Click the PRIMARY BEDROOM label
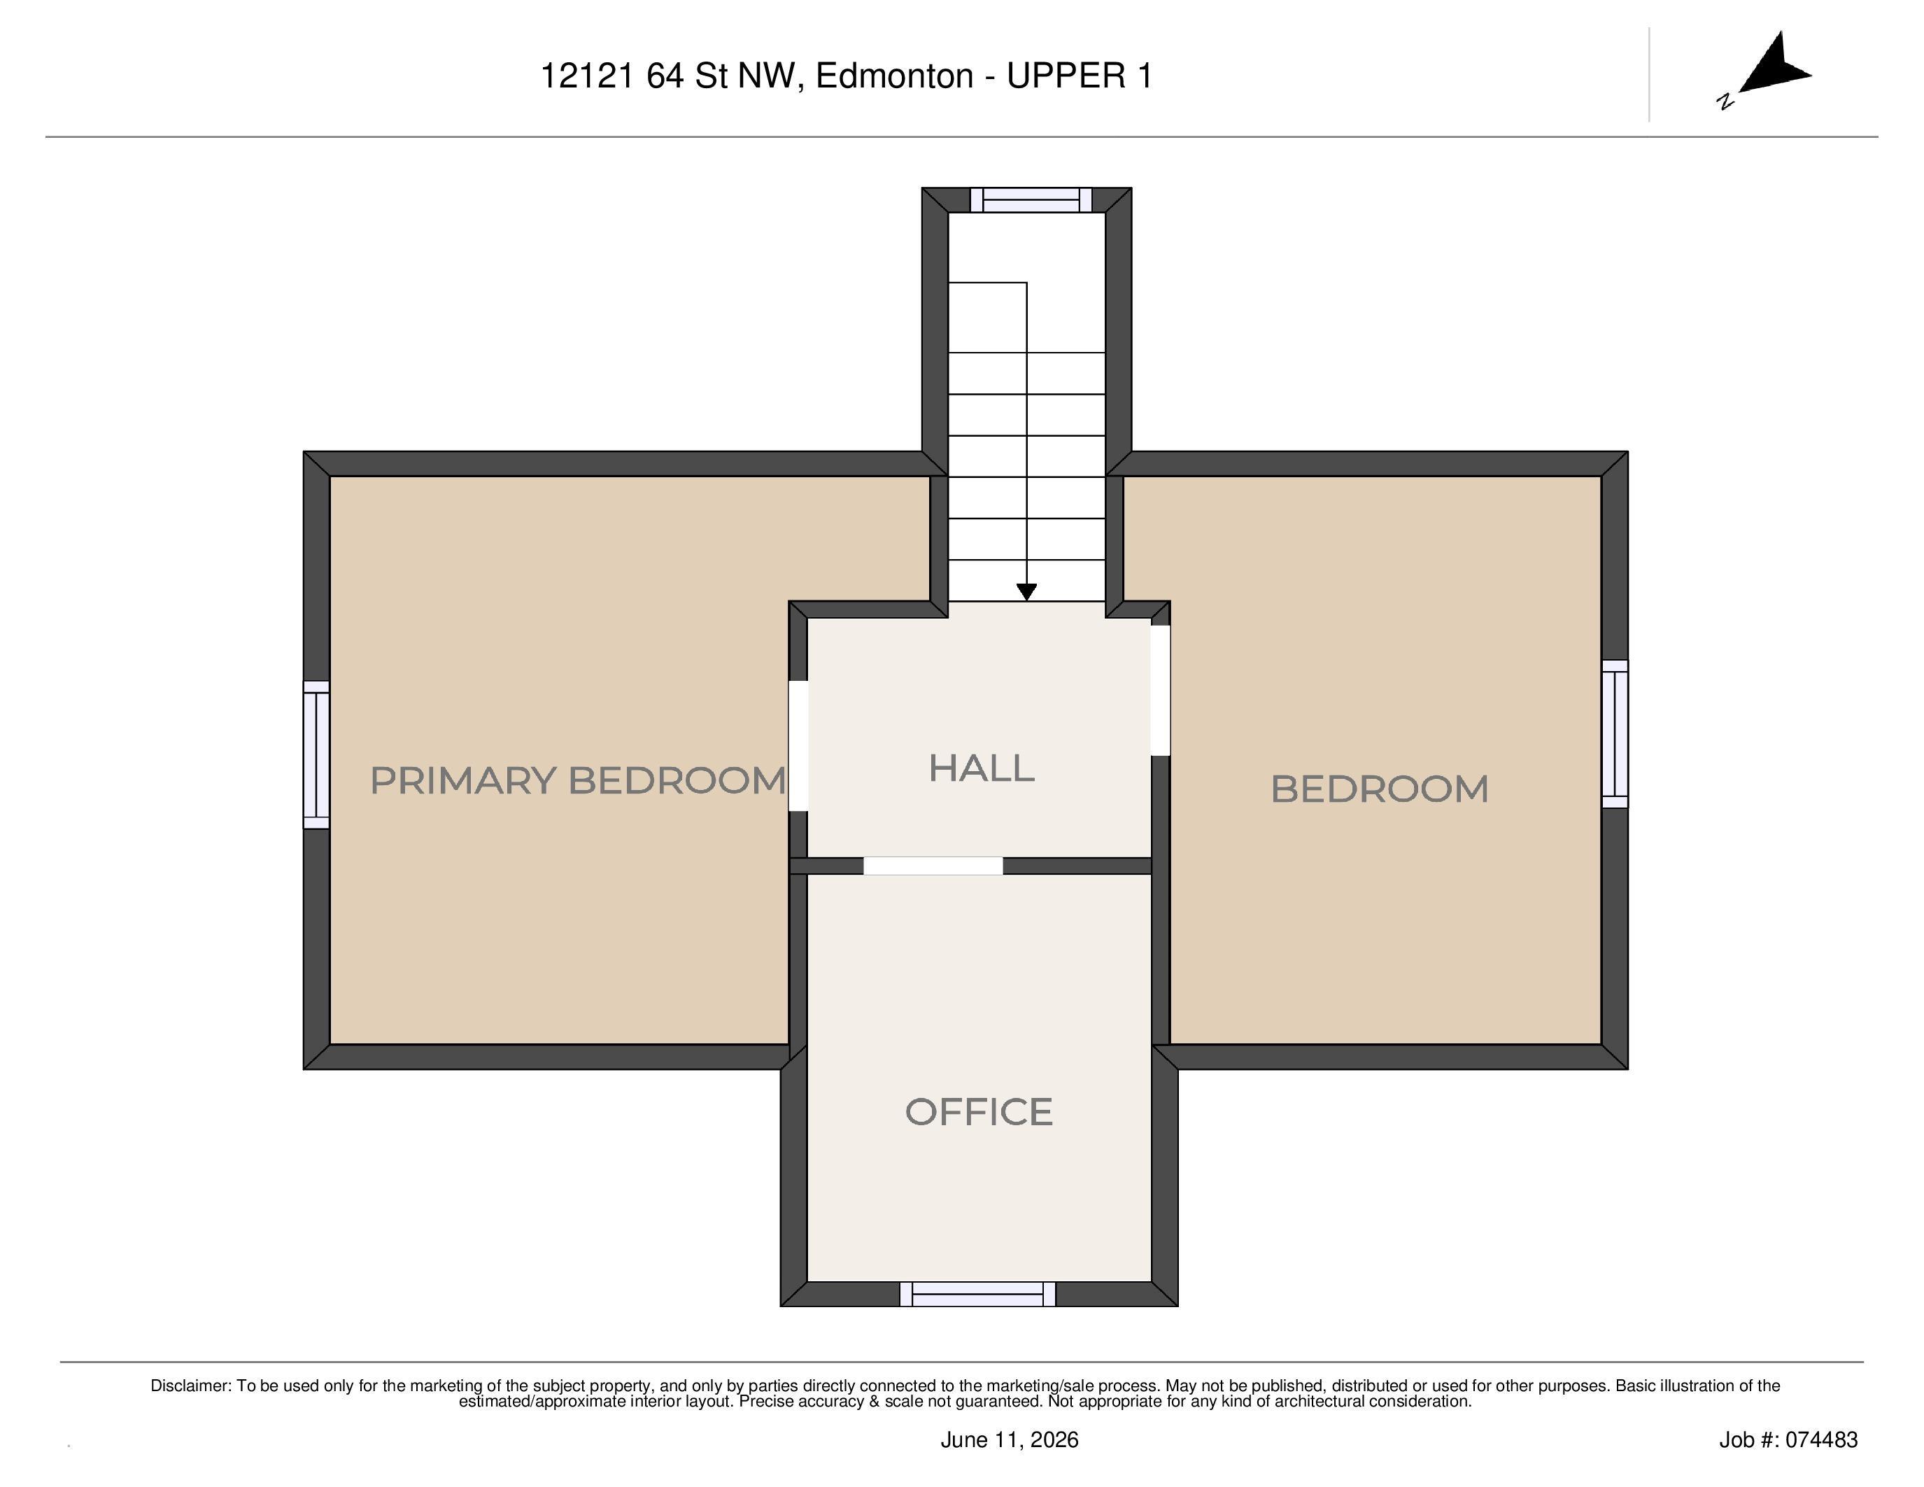click(x=577, y=780)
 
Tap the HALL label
click(x=982, y=768)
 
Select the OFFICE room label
click(x=979, y=1112)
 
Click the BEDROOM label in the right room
click(x=1380, y=789)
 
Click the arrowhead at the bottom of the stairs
click(x=1026, y=592)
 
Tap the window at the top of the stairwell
click(x=1031, y=200)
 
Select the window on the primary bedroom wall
click(x=316, y=755)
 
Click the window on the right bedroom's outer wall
click(x=1615, y=734)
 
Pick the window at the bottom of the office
click(x=978, y=1294)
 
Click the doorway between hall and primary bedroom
click(x=798, y=745)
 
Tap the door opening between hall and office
click(x=933, y=866)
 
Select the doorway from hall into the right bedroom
click(x=1160, y=691)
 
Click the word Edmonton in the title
click(x=894, y=77)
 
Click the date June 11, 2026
click(x=1010, y=1439)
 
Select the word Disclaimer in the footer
click(x=190, y=1386)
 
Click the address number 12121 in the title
click(x=587, y=77)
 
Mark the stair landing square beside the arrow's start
click(x=988, y=317)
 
